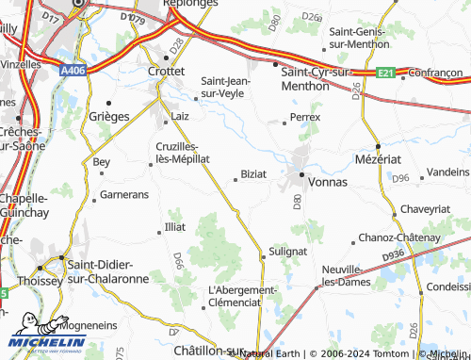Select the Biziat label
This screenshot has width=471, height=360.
[x=253, y=174]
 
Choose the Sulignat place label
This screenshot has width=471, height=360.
[x=288, y=251]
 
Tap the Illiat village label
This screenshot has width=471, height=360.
[x=175, y=227]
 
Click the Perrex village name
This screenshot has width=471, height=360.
[x=306, y=117]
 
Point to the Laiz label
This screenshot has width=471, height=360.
[x=180, y=116]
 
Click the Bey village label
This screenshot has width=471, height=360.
[x=102, y=162]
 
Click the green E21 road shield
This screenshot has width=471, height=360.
[x=383, y=72]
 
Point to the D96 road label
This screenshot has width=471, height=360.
[x=401, y=177]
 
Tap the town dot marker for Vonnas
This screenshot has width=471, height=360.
[x=301, y=175]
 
